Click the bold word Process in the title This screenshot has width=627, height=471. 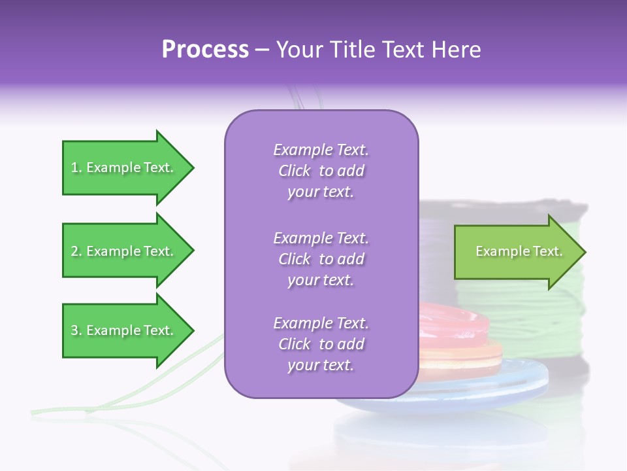point(205,50)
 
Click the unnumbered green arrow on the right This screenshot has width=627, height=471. point(516,252)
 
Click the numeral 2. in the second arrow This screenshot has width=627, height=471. point(76,251)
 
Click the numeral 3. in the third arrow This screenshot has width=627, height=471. point(76,330)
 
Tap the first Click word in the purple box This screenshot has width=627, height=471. point(294,171)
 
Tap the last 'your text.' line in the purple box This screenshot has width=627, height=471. point(321,366)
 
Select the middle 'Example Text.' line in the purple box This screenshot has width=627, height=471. point(321,238)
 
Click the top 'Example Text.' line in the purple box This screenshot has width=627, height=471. point(321,150)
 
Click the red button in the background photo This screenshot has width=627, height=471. point(457,324)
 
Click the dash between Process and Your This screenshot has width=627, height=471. point(263,50)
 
